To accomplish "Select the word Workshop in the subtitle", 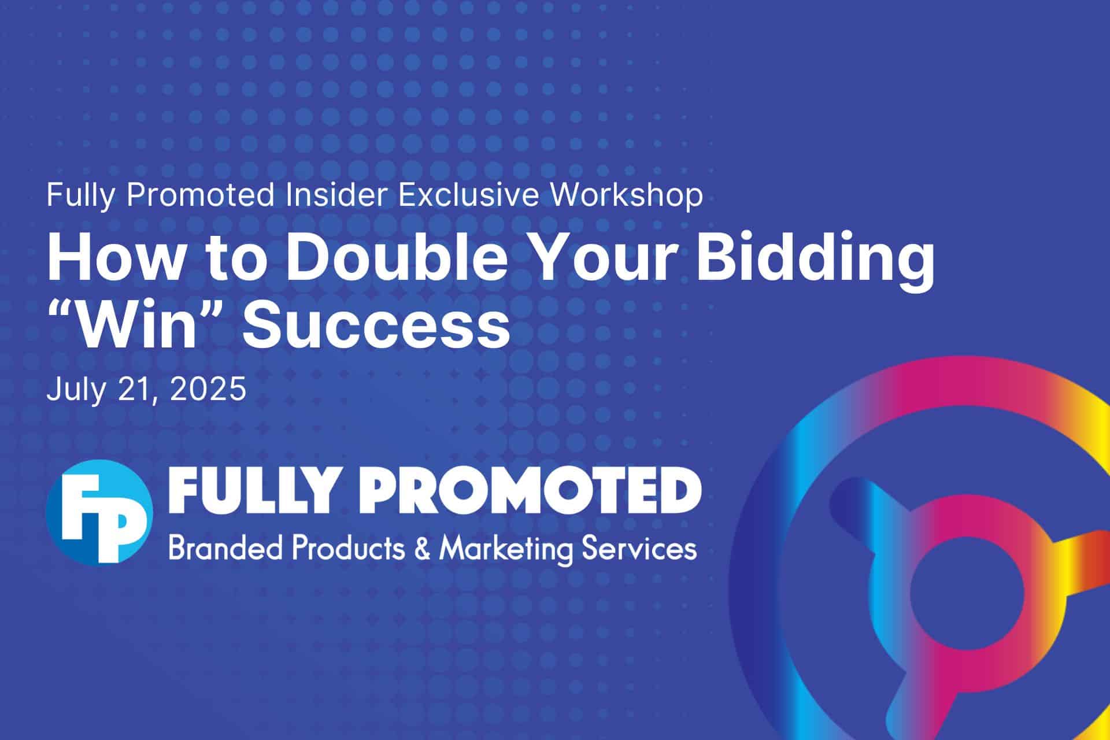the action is [626, 196].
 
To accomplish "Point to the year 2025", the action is [209, 390].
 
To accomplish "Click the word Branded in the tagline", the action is [226, 548].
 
